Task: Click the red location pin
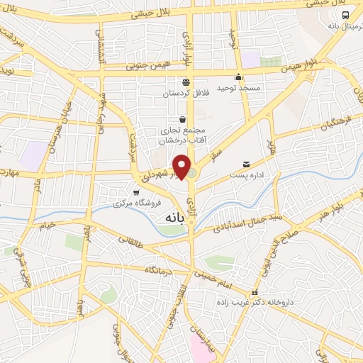point(182,167)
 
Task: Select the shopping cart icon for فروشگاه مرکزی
point(136,192)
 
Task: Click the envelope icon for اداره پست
point(246,164)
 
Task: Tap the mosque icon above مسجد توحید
point(238,78)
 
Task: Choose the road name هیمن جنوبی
point(147,66)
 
